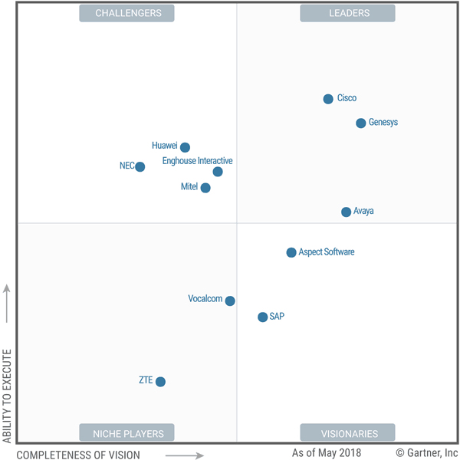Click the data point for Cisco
328,99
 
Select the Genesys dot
360,123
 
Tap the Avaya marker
346,212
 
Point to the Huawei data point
185,147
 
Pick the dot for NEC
140,166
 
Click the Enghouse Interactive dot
218,172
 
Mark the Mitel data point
205,188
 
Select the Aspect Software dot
291,252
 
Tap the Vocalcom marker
230,301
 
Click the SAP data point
262,317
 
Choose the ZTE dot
160,381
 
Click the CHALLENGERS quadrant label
127,13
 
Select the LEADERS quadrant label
348,13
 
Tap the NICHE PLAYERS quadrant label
127,433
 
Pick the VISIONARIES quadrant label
348,433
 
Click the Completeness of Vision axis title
78,455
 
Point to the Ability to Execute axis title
8,396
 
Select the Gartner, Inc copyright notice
426,453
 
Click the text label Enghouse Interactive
197,161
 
